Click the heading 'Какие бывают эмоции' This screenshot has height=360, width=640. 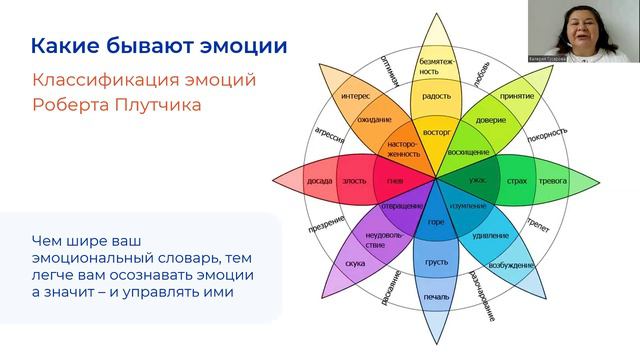point(158,46)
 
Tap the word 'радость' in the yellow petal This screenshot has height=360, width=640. point(436,98)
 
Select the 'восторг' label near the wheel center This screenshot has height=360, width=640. point(436,130)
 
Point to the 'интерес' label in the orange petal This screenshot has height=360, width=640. point(355,97)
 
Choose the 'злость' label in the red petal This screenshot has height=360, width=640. point(354,181)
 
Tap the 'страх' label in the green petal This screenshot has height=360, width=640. point(516,181)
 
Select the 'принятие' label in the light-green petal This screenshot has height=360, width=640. point(517,97)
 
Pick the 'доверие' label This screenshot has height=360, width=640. point(490,120)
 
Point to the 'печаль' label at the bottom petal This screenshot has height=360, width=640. point(436,297)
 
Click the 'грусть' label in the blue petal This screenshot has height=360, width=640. point(436,262)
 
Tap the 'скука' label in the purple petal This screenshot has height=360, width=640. point(354,263)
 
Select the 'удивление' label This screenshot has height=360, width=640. point(490,236)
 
